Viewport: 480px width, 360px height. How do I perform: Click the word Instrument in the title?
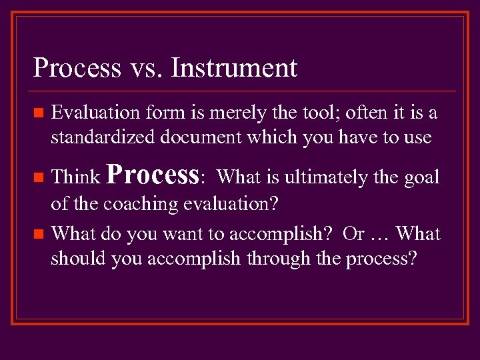[x=235, y=68]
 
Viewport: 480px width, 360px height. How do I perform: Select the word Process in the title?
[x=77, y=68]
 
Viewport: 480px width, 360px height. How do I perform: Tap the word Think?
[x=75, y=177]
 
